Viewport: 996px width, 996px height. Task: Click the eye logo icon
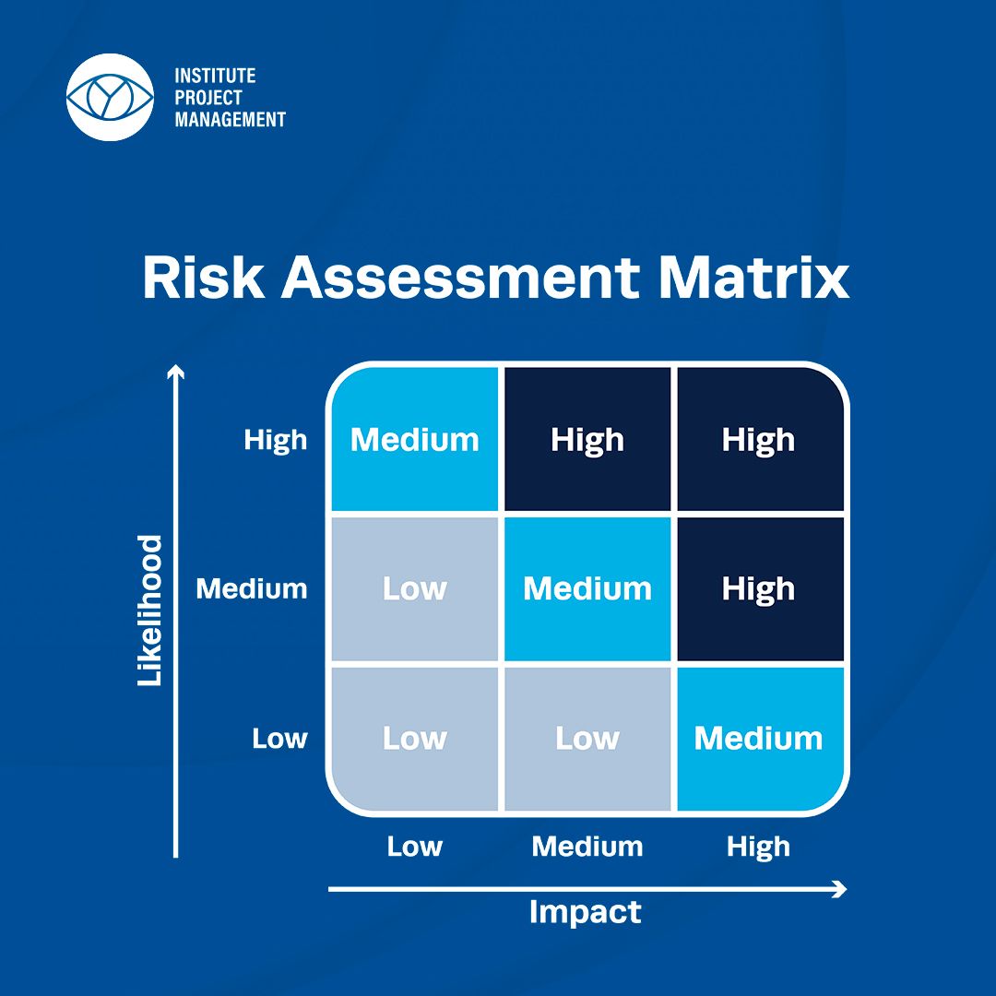pos(110,97)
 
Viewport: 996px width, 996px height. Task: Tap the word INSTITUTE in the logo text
pos(215,77)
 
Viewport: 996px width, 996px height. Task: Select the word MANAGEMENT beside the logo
pos(230,119)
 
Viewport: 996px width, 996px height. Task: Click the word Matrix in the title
pos(754,278)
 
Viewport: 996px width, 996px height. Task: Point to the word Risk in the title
pos(203,278)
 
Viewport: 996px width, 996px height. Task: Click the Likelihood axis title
pos(150,611)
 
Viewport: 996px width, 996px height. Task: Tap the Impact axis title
pos(585,913)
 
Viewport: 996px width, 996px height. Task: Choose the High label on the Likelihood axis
pos(276,440)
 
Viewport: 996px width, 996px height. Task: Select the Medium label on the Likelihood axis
pos(252,588)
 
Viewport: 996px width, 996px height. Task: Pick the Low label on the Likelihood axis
pos(279,738)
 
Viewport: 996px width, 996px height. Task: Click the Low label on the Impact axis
pos(415,847)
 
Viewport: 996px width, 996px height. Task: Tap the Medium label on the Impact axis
pos(587,847)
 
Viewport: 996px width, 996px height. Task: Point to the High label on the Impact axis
pos(758,847)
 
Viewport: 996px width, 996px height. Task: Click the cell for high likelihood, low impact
pos(415,439)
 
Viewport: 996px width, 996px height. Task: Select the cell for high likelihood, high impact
pos(760,439)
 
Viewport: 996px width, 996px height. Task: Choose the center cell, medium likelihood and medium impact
pos(587,588)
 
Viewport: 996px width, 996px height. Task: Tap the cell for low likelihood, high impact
pos(760,739)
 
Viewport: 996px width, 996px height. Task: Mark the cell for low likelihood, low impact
pos(415,739)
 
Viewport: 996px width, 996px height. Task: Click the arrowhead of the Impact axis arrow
pos(841,889)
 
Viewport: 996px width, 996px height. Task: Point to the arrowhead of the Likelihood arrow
pos(176,371)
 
